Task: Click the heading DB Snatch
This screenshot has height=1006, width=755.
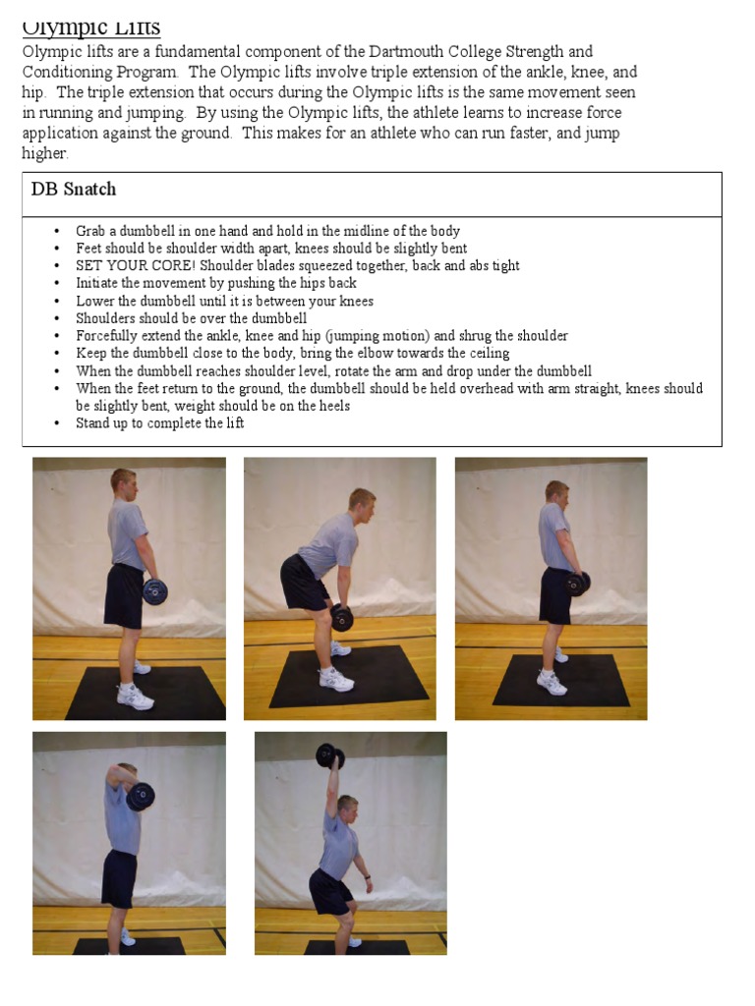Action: pyautogui.click(x=74, y=190)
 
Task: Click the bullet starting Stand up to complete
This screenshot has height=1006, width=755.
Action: pyautogui.click(x=160, y=423)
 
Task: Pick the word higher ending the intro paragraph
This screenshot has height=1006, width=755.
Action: pyautogui.click(x=45, y=153)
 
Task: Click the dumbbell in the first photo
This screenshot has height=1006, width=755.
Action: pyautogui.click(x=154, y=590)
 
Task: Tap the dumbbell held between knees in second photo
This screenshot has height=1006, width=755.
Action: pyautogui.click(x=341, y=617)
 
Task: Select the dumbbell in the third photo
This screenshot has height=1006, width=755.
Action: pyautogui.click(x=577, y=584)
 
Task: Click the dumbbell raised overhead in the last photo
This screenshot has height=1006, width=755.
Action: pyautogui.click(x=330, y=756)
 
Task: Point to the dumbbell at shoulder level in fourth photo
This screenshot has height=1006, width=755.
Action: pyautogui.click(x=140, y=797)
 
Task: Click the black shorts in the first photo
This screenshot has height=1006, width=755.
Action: pyautogui.click(x=125, y=597)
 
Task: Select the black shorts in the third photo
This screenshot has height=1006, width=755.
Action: pyautogui.click(x=556, y=595)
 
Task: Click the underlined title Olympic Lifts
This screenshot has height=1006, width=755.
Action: pyautogui.click(x=91, y=28)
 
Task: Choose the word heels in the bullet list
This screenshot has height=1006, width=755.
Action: pyautogui.click(x=332, y=406)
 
